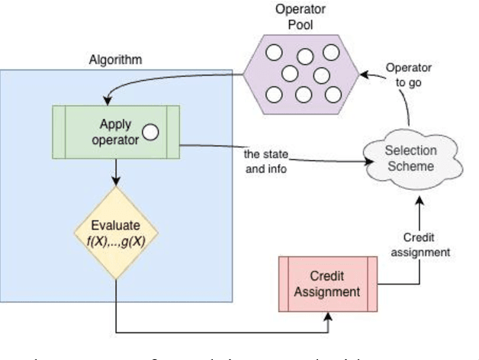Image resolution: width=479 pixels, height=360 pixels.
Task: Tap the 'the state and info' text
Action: [x=266, y=161]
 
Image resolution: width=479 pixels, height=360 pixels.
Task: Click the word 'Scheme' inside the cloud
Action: [x=410, y=166]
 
